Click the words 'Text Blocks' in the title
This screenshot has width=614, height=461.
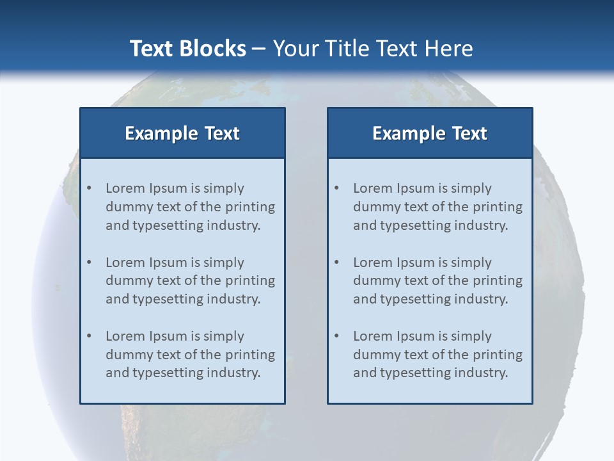187,49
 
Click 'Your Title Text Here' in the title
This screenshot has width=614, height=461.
373,49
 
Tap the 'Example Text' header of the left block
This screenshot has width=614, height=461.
182,133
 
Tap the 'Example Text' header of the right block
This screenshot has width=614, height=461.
430,133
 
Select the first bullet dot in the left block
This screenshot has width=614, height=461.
89,188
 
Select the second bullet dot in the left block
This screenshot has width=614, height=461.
89,263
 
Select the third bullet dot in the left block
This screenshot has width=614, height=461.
89,336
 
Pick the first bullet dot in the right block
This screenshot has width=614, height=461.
336,188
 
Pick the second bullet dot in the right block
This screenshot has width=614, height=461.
336,263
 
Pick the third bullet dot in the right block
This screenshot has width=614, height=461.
336,336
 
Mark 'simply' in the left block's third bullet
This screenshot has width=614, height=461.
224,336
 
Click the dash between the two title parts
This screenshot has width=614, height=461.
260,49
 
